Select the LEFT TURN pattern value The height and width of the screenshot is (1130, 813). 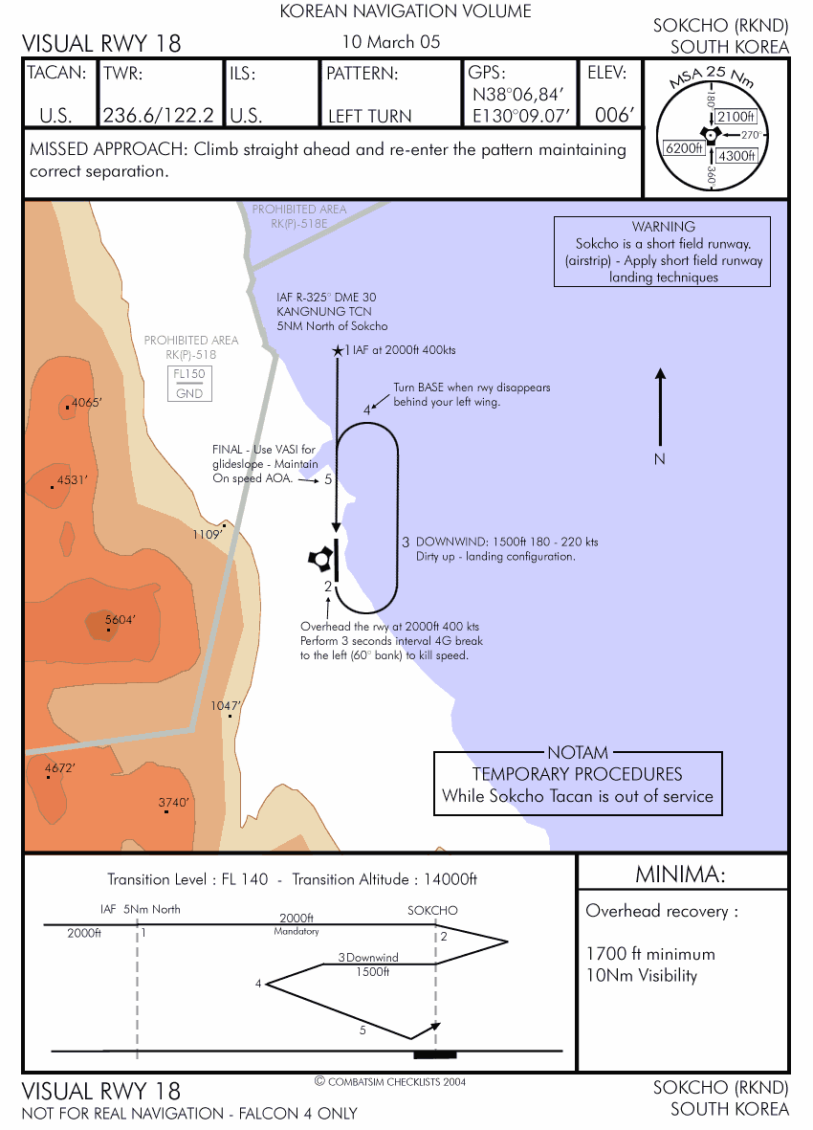click(x=369, y=116)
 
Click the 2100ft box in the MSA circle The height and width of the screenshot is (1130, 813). click(x=736, y=116)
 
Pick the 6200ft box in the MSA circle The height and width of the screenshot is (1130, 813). click(x=683, y=148)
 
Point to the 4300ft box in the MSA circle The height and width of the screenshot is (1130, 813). click(x=737, y=155)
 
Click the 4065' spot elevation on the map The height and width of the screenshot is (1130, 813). click(x=84, y=403)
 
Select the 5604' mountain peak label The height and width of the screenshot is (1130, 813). click(x=120, y=619)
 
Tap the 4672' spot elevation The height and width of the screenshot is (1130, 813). click(x=59, y=767)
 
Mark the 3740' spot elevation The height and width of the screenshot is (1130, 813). click(x=174, y=802)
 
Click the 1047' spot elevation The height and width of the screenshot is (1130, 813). click(x=226, y=705)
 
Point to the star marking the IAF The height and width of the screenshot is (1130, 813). click(x=337, y=351)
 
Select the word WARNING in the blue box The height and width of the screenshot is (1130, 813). click(x=664, y=227)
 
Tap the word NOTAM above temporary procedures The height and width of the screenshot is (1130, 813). click(x=578, y=753)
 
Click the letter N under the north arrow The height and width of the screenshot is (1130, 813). click(x=659, y=459)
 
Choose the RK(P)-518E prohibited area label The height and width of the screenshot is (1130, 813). click(x=299, y=222)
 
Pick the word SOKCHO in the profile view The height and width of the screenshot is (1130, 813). click(x=432, y=910)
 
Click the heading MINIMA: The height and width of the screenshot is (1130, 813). click(x=683, y=875)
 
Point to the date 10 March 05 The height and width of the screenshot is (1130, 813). click(x=391, y=42)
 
